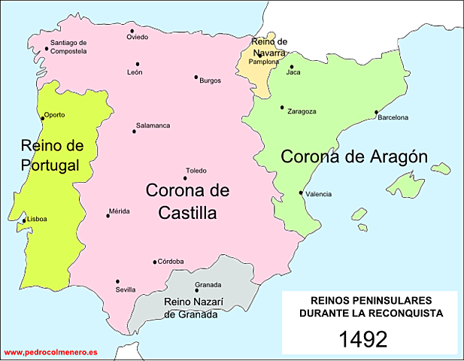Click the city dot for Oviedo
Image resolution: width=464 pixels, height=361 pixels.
pos(132,31)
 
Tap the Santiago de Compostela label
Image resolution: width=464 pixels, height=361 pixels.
pos(68,47)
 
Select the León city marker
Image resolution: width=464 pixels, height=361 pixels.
pos(138,64)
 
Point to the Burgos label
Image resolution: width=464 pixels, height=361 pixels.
pos(211,80)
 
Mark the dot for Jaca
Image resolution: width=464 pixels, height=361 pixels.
pos(292,66)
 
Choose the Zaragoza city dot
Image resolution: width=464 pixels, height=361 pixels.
pos(282,107)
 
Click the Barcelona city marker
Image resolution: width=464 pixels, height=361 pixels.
pos(376,113)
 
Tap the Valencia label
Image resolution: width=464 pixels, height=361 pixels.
pos(320,194)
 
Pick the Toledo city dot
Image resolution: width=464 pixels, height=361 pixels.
pos(185,177)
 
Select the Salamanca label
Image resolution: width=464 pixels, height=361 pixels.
pos(153,125)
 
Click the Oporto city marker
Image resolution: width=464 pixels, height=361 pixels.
pos(42,117)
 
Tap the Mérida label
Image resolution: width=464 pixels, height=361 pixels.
pos(120,211)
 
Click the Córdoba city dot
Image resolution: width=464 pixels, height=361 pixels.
pos(155,262)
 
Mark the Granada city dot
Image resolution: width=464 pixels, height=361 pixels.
pos(197,290)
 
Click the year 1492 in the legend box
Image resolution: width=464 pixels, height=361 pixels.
pos(363,338)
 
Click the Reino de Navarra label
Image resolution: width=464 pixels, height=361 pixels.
pos(268,47)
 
